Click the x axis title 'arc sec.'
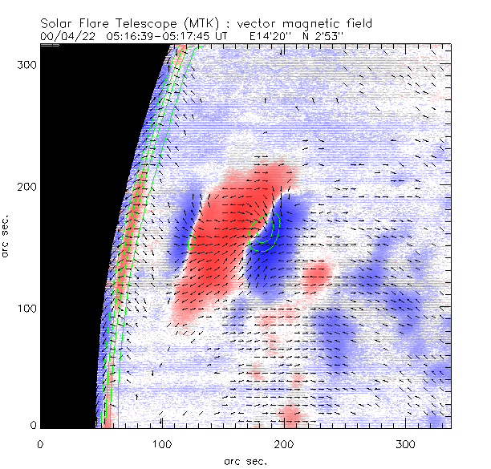245,460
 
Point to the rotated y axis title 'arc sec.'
7,236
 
